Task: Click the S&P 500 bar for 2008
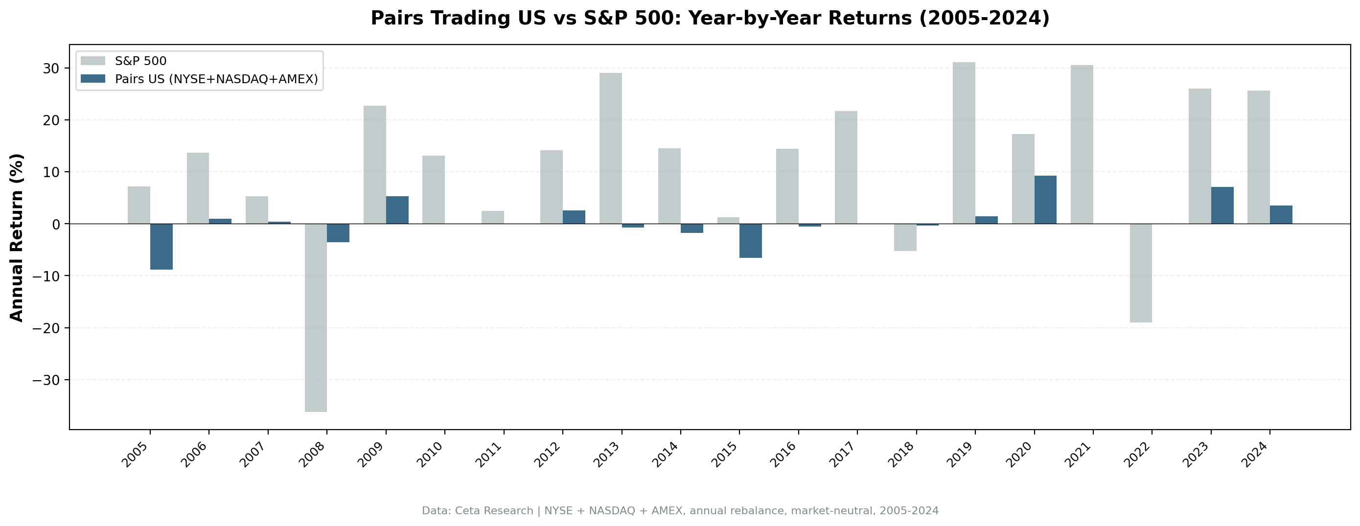pos(316,317)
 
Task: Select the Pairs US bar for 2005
pos(161,247)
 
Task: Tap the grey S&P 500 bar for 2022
pos(1140,273)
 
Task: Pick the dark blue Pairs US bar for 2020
pos(1045,200)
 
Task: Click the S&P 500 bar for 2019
pos(964,142)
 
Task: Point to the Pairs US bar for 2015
pos(750,241)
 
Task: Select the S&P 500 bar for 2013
pos(610,148)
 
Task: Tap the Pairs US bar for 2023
pos(1222,206)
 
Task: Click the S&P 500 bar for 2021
pos(1082,144)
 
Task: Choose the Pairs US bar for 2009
pos(397,210)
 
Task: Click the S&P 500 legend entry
pos(140,61)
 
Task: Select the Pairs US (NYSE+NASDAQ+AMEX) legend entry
pos(216,79)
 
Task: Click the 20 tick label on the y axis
pos(53,120)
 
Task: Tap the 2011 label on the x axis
pos(489,455)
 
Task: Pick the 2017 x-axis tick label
pos(843,455)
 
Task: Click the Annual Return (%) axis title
pos(17,237)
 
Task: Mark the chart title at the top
pos(710,19)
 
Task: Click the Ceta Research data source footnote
pos(680,511)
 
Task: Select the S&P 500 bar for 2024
pos(1258,157)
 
